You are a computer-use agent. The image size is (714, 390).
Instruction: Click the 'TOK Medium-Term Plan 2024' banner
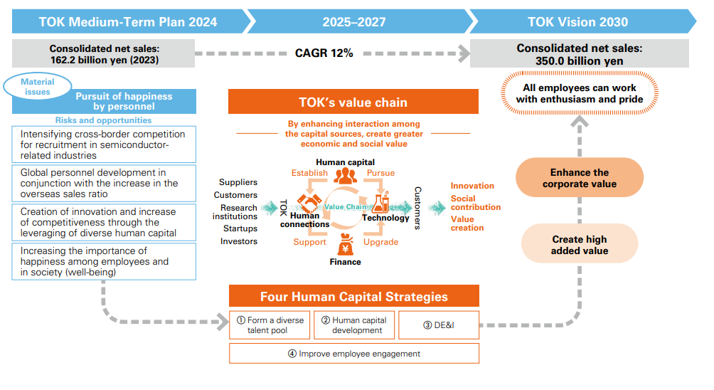click(129, 21)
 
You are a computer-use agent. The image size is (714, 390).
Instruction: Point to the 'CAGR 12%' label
click(324, 53)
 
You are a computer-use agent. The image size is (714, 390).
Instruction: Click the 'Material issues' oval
click(38, 87)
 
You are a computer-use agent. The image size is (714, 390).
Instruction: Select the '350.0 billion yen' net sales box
click(579, 54)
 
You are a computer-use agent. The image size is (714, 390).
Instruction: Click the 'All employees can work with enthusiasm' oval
click(579, 93)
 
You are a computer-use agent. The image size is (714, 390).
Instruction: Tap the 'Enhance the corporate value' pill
click(579, 178)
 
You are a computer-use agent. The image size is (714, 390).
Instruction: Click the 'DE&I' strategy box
click(439, 325)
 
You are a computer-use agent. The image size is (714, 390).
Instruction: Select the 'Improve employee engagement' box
click(354, 354)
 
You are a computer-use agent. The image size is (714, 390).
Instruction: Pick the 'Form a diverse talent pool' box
click(270, 325)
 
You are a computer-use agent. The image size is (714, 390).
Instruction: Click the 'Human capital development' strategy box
click(354, 325)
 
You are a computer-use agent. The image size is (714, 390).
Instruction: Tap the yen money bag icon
click(345, 244)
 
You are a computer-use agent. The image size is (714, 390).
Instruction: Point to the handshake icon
click(309, 202)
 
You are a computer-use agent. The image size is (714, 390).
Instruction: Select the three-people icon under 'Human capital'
click(345, 175)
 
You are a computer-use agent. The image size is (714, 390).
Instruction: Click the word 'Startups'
click(240, 228)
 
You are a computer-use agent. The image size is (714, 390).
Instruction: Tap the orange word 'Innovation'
click(472, 186)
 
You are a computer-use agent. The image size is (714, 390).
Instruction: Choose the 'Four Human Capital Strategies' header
click(354, 296)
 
